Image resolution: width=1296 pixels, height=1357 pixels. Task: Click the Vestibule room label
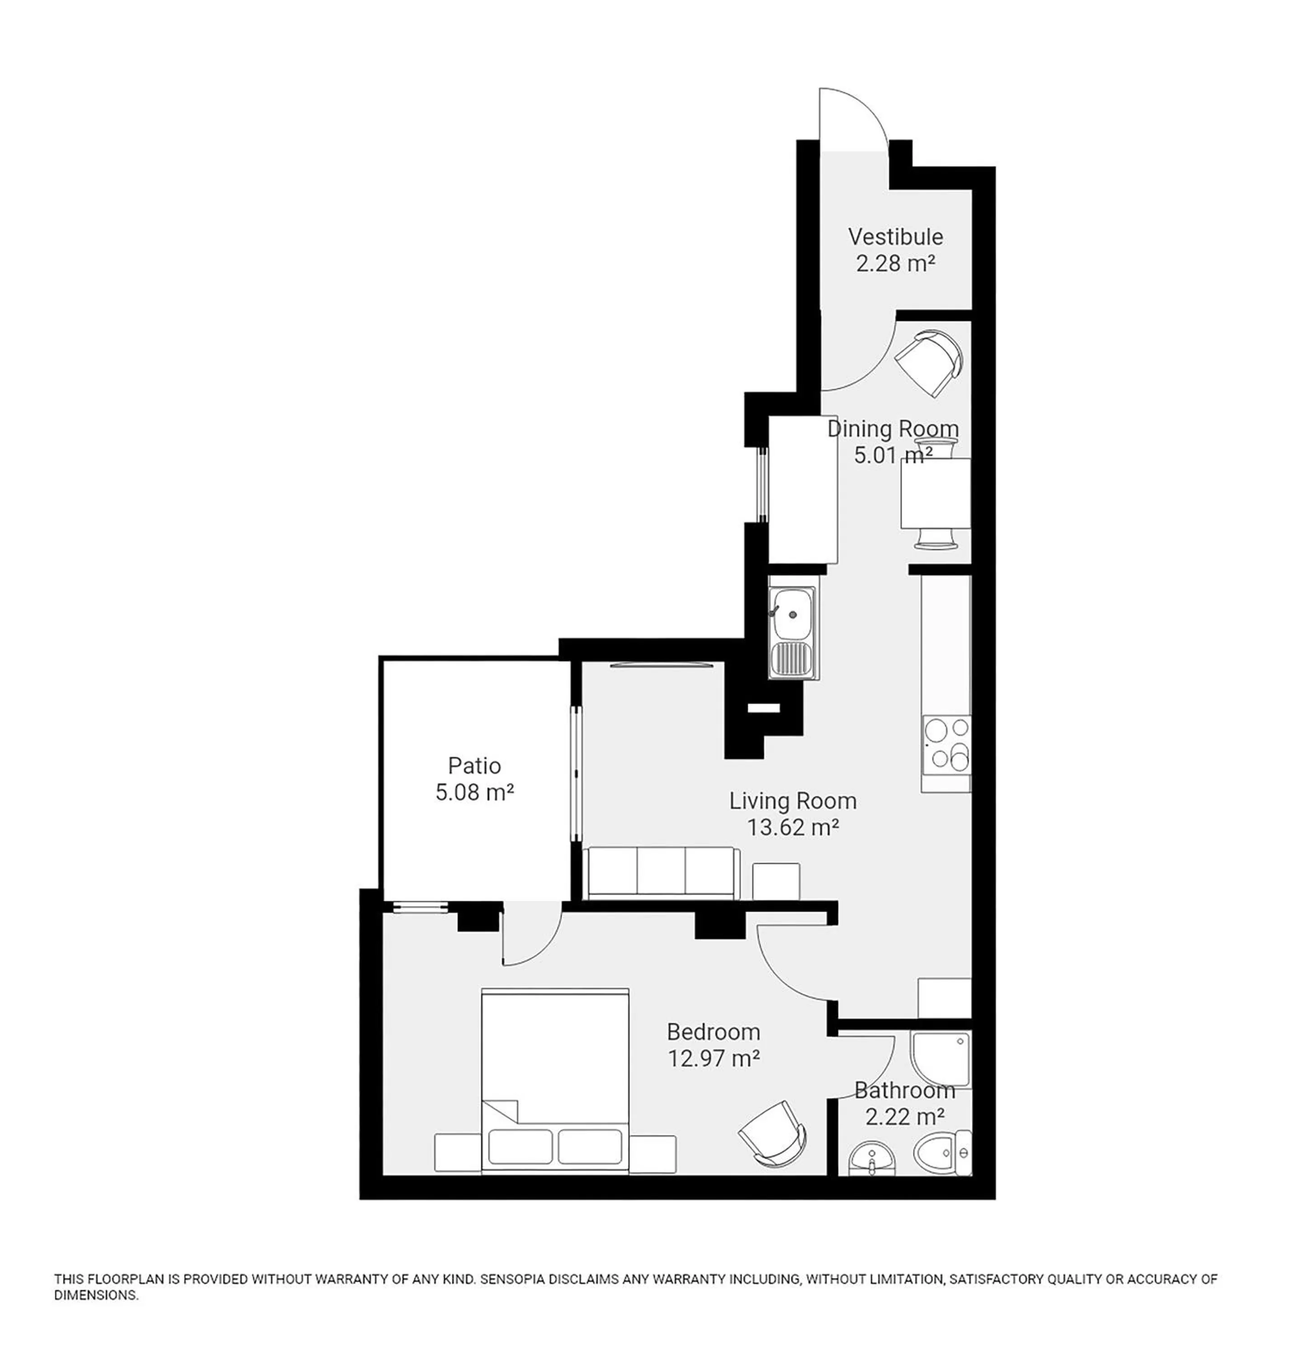(895, 237)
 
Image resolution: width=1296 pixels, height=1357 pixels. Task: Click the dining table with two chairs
(936, 493)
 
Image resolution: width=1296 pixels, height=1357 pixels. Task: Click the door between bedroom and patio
(529, 935)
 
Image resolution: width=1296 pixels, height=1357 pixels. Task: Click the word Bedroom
(713, 1032)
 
